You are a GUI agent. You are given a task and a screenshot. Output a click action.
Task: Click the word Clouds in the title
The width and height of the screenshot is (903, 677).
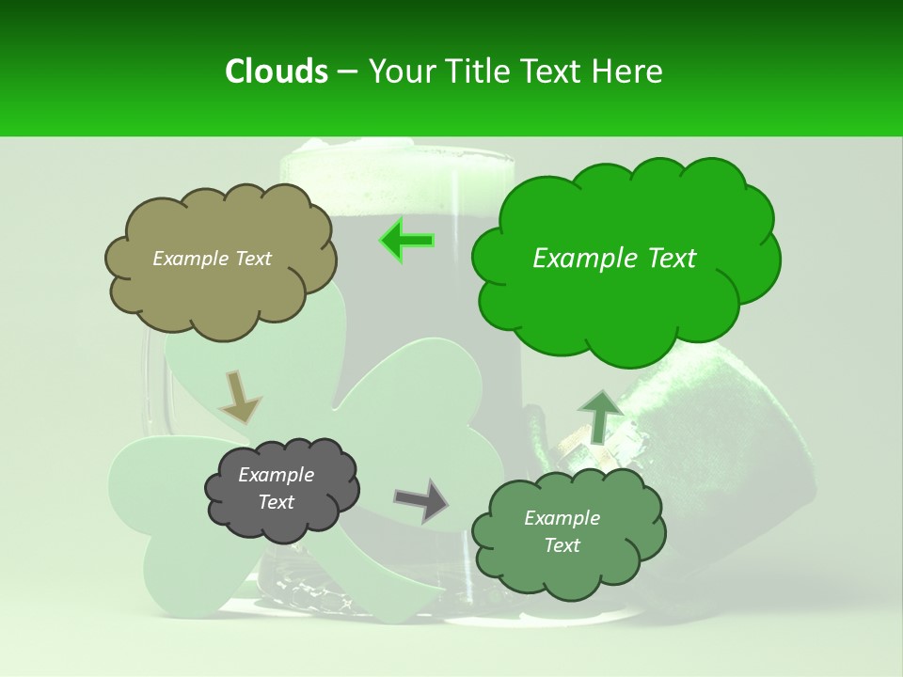coord(277,71)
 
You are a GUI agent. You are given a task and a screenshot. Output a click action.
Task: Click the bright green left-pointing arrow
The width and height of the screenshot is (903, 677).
coord(406,240)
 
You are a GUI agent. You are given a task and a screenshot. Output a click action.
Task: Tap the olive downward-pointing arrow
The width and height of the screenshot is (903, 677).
coord(240,397)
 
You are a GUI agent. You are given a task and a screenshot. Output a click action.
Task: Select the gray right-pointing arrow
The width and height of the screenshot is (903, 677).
coord(421,499)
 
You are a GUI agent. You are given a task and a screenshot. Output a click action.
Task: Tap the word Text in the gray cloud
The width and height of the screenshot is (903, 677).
coord(277,502)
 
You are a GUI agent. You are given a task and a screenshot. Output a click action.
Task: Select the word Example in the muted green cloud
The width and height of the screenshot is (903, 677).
coord(562,518)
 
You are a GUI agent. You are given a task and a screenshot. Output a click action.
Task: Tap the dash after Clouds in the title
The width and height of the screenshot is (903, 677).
coord(347,71)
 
